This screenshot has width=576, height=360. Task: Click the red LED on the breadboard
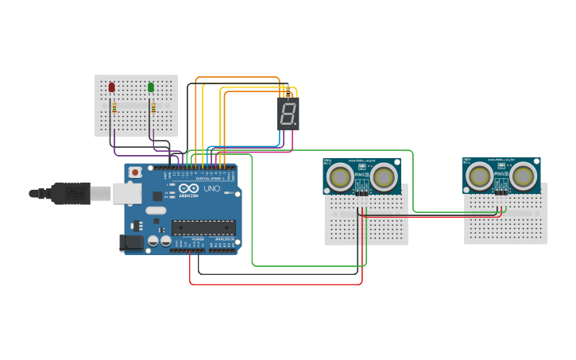click(112, 87)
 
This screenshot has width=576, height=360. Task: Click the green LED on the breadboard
click(151, 87)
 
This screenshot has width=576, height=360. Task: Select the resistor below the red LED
click(114, 108)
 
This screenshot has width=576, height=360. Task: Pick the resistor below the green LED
click(153, 108)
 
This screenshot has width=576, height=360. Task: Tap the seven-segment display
click(288, 114)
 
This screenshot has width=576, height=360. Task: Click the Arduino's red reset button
click(135, 172)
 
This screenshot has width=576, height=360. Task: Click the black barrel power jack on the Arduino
click(130, 242)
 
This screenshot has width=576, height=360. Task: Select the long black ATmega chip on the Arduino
click(203, 227)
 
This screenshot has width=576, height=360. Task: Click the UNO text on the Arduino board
click(212, 189)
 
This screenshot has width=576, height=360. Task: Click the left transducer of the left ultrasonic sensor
click(341, 177)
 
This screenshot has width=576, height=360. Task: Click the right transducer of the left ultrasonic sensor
click(383, 177)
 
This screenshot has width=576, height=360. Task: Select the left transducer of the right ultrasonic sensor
click(480, 176)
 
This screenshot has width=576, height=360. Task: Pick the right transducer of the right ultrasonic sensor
click(523, 176)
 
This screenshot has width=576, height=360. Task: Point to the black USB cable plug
click(72, 193)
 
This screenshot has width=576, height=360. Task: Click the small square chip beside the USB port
click(157, 195)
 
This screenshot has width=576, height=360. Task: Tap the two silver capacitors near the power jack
click(159, 240)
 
